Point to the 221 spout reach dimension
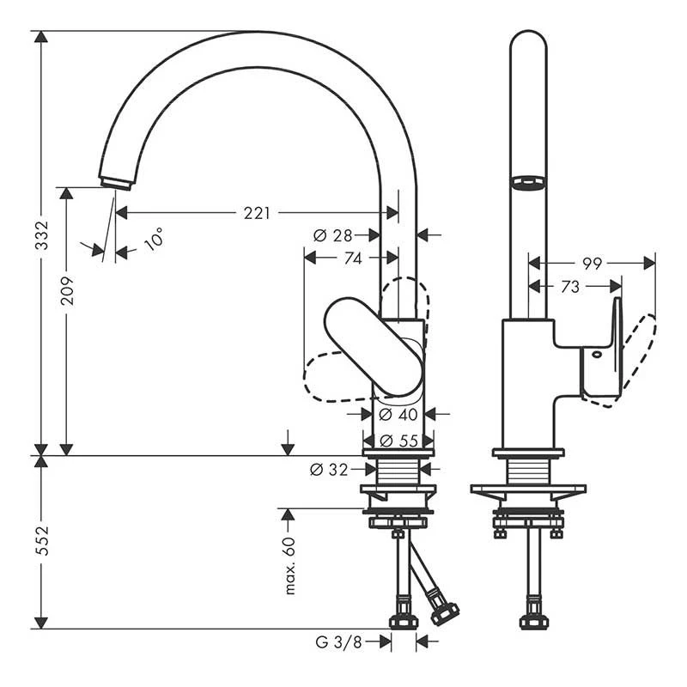tap(256, 213)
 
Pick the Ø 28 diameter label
tap(333, 234)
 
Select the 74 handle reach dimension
tap(352, 258)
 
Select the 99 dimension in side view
tap(593, 264)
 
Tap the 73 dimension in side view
tap(570, 287)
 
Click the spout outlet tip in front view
tap(115, 182)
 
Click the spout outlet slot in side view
tap(528, 182)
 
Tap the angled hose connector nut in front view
tap(445, 613)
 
